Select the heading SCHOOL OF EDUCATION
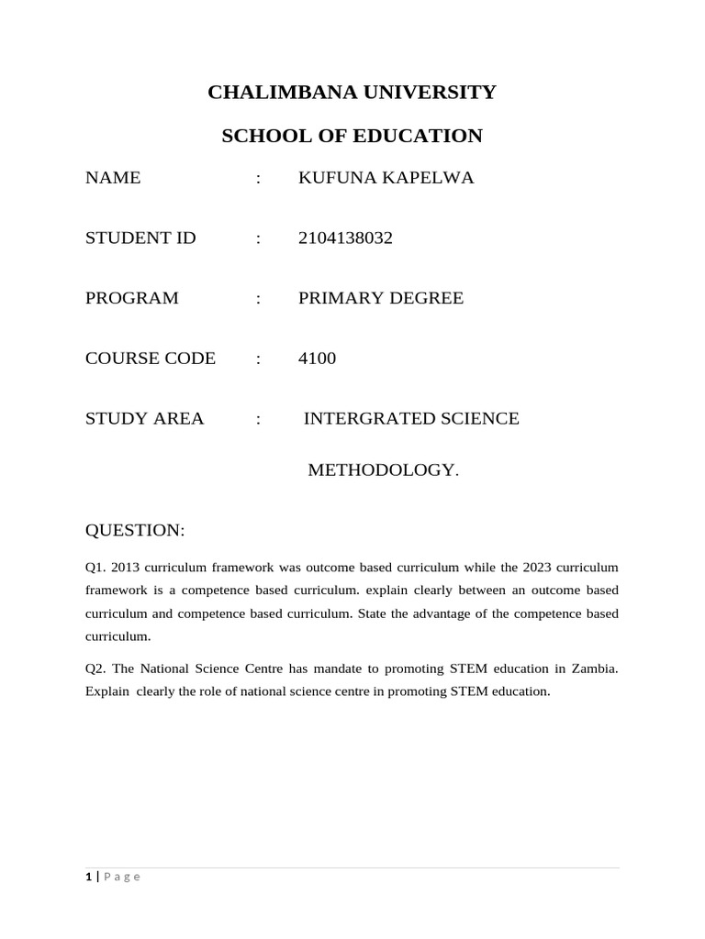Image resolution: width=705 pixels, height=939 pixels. pyautogui.click(x=352, y=137)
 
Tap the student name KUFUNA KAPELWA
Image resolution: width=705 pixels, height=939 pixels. pyautogui.click(x=386, y=178)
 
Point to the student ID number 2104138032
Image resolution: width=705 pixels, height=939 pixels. pyautogui.click(x=345, y=238)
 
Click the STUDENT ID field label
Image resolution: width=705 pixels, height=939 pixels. pyautogui.click(x=140, y=238)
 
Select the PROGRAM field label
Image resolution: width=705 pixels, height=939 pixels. pyautogui.click(x=132, y=298)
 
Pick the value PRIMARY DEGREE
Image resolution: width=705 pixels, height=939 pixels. pyautogui.click(x=381, y=298)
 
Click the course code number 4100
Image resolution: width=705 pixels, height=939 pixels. pyautogui.click(x=317, y=359)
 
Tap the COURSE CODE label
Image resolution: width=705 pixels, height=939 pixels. pyautogui.click(x=151, y=359)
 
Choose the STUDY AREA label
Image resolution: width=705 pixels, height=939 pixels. pyautogui.click(x=144, y=419)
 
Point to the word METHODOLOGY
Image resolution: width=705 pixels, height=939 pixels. pyautogui.click(x=380, y=470)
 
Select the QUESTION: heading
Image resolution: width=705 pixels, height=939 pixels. pyautogui.click(x=135, y=531)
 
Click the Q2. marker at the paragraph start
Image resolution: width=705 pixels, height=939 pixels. pyautogui.click(x=96, y=669)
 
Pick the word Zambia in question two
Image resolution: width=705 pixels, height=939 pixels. pyautogui.click(x=596, y=669)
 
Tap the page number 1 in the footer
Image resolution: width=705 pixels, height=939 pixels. pyautogui.click(x=88, y=877)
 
